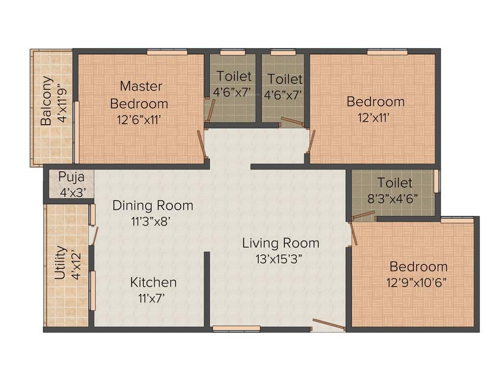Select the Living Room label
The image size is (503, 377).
pos(280,243)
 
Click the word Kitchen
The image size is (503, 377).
pos(153,282)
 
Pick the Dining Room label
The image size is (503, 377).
pos(152,205)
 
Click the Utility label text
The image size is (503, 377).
pos(60,263)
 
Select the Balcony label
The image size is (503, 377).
pos(46,101)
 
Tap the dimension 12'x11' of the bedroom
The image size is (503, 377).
pos(375,118)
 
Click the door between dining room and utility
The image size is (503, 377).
pos(95,236)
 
